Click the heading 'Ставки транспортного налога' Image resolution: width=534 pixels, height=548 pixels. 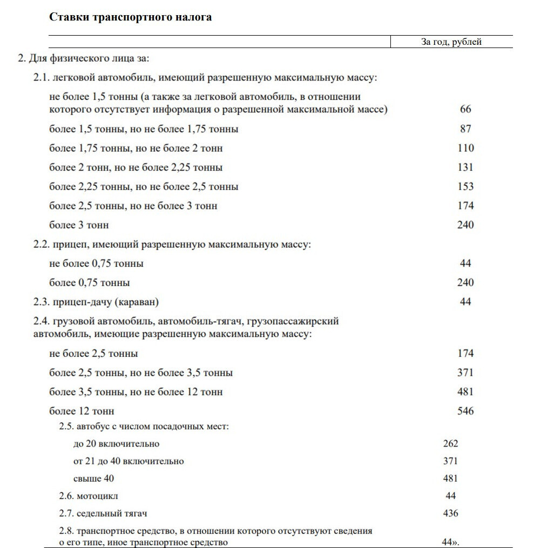point(130,17)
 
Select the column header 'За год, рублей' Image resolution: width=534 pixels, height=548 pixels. point(451,42)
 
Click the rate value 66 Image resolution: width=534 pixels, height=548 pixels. point(465,109)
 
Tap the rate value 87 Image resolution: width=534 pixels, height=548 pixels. point(465,128)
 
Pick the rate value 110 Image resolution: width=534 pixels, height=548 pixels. point(465,148)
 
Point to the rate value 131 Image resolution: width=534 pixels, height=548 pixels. point(465,167)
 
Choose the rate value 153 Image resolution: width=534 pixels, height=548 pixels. point(465,186)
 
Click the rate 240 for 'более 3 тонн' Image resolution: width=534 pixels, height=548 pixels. point(465,225)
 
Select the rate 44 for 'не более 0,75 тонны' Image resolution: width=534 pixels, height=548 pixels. point(465,263)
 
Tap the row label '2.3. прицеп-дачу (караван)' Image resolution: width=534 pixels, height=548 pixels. point(97,302)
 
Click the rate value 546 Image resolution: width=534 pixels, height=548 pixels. point(465,411)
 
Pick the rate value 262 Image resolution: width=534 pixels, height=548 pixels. point(450,444)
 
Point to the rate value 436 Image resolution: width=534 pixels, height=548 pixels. point(450,513)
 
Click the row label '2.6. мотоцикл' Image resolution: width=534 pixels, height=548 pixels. point(89,496)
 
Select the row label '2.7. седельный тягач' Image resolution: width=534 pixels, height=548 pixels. point(103,513)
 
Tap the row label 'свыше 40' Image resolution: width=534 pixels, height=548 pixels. point(93,478)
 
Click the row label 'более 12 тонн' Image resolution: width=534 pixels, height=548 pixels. point(82,411)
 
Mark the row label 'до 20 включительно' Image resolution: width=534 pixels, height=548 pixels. point(116,444)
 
